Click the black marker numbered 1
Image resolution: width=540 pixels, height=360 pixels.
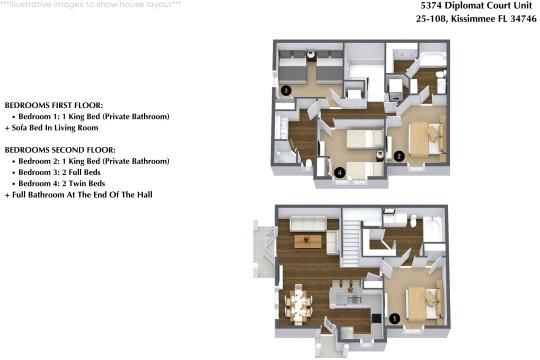click(393, 319)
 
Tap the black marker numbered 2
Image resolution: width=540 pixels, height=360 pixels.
click(398, 156)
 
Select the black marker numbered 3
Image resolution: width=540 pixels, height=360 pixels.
click(286, 91)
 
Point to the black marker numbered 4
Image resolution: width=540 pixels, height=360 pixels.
click(341, 173)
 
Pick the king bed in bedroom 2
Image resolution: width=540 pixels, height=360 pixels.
click(425, 137)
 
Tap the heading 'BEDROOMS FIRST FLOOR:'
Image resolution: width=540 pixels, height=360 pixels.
click(54, 105)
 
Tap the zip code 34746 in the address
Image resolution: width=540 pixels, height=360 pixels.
click(517, 17)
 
